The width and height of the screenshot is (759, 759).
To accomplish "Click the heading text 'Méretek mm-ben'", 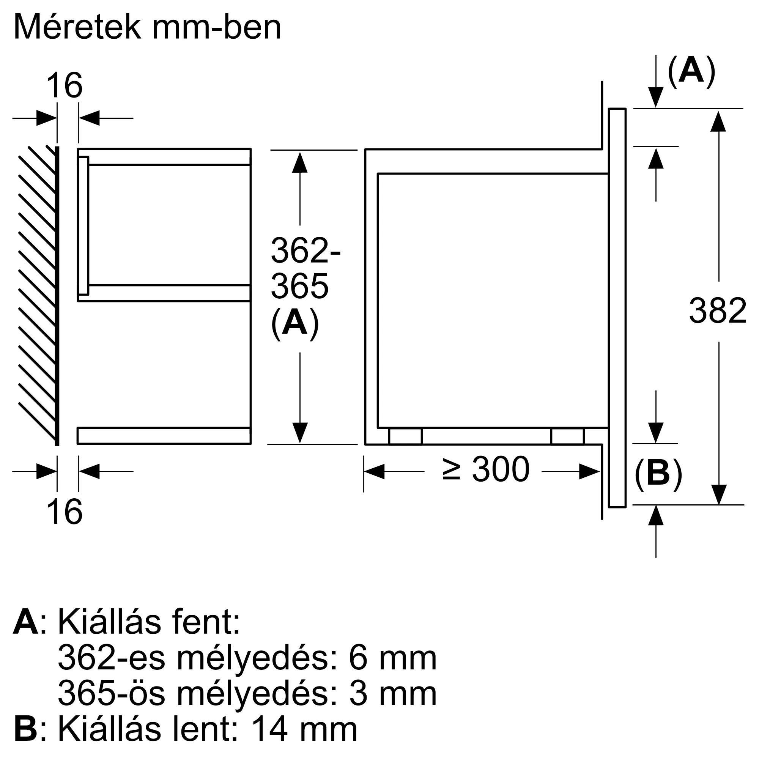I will [147, 27].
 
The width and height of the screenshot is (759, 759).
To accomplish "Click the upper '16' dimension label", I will [64, 86].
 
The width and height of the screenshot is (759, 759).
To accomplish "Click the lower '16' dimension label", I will [64, 512].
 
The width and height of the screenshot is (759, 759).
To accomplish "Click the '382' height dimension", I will [717, 311].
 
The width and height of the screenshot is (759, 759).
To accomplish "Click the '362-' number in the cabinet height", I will [305, 250].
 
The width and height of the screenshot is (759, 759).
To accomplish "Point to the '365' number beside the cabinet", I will [299, 286].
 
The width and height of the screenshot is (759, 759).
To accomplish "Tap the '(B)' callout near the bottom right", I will [658, 473].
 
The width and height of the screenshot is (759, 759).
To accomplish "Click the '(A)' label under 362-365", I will [294, 323].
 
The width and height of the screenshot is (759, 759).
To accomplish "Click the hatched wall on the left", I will [37, 294].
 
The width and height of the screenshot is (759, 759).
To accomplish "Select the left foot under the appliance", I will [405, 436].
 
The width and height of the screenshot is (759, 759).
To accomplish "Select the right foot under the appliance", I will [567, 436].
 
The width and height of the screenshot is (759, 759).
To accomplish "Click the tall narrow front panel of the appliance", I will [617, 308].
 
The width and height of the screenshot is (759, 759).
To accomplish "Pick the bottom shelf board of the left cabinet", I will [164, 436].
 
